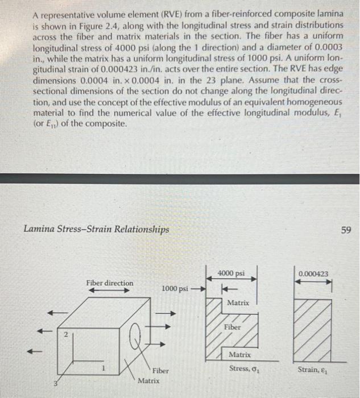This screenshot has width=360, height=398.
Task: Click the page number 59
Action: pyautogui.click(x=346, y=230)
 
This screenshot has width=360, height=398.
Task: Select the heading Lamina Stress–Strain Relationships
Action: pyautogui.click(x=96, y=230)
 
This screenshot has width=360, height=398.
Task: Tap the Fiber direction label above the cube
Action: pyautogui.click(x=110, y=283)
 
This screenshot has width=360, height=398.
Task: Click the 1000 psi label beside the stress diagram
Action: pyautogui.click(x=174, y=288)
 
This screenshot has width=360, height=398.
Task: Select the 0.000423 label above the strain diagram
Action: pyautogui.click(x=313, y=273)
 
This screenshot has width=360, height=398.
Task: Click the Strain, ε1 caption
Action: pyautogui.click(x=312, y=369)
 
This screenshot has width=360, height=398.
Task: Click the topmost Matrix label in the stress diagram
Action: pyautogui.click(x=238, y=302)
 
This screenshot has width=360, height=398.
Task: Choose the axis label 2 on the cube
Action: pyautogui.click(x=65, y=336)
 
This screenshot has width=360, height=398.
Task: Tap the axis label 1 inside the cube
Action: pyautogui.click(x=102, y=368)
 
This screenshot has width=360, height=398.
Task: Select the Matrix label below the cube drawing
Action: pyautogui.click(x=148, y=379)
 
